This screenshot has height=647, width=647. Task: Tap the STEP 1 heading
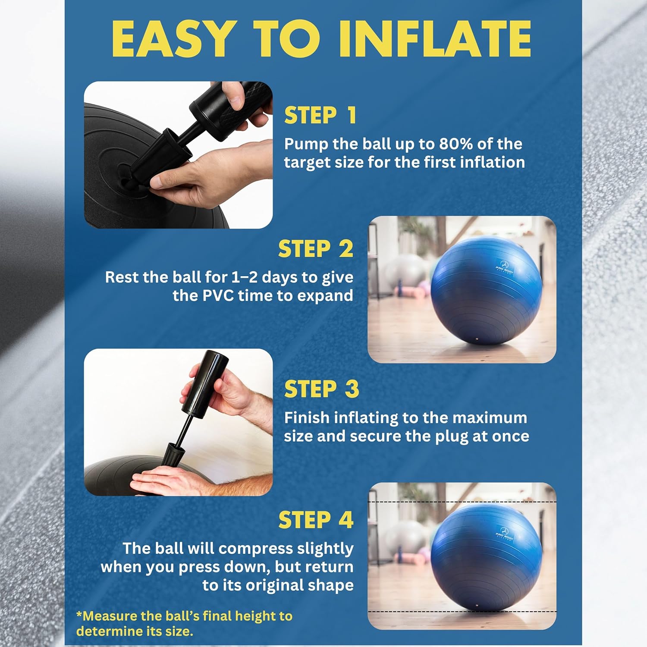point(320,116)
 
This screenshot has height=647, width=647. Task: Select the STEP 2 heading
point(315,249)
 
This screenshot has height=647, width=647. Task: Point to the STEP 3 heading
point(321,389)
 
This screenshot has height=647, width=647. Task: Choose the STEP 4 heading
point(316,520)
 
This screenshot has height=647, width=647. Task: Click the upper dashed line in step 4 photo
point(462,502)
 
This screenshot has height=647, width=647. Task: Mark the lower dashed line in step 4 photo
point(462,612)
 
